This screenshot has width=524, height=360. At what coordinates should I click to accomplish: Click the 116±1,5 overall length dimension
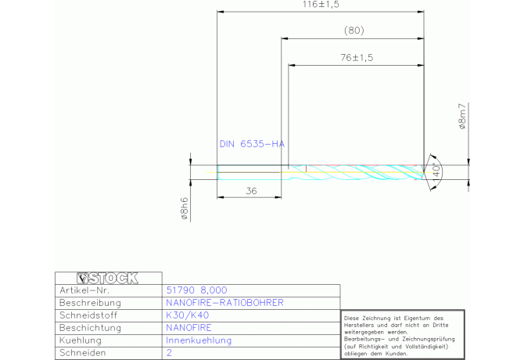(321, 5)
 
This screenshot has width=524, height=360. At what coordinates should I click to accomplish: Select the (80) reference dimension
(354, 31)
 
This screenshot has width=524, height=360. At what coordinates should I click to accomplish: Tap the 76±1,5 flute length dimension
(357, 57)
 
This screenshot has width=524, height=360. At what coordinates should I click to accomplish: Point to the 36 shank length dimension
(251, 191)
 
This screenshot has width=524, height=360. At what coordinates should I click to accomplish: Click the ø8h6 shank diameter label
(185, 208)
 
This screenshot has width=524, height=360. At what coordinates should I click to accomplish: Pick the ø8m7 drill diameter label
(462, 117)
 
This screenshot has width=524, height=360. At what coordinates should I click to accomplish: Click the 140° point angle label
(436, 172)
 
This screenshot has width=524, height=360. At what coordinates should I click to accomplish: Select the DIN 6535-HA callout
(252, 144)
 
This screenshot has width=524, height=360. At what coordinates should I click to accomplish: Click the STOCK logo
(107, 278)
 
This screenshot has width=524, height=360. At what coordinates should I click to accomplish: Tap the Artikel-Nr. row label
(84, 290)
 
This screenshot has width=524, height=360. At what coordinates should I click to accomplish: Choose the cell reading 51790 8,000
(196, 290)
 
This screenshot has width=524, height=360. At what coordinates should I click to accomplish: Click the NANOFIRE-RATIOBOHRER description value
(224, 303)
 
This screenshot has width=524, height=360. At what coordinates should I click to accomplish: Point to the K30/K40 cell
(187, 315)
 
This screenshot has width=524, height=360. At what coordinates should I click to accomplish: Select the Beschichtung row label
(90, 328)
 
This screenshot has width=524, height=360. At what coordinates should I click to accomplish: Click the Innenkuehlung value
(199, 340)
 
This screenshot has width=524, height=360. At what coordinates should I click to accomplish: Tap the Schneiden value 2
(169, 353)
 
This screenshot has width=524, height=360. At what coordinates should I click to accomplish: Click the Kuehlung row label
(81, 340)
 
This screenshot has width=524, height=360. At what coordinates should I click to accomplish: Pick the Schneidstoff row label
(88, 315)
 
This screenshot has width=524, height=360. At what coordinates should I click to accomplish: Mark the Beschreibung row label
(90, 303)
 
